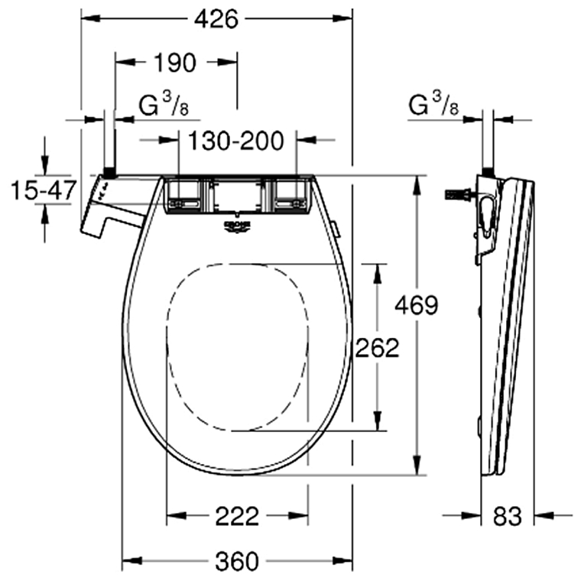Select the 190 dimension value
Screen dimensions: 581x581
click(175, 63)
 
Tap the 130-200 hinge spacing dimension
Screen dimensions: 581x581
click(236, 140)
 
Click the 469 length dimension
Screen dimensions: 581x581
click(416, 305)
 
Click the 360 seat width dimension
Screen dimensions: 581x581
click(236, 561)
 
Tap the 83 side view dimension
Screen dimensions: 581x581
click(508, 516)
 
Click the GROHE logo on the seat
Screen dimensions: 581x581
click(237, 224)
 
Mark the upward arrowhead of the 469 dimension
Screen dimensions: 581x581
click(417, 184)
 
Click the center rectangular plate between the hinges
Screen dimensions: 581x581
click(236, 196)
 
